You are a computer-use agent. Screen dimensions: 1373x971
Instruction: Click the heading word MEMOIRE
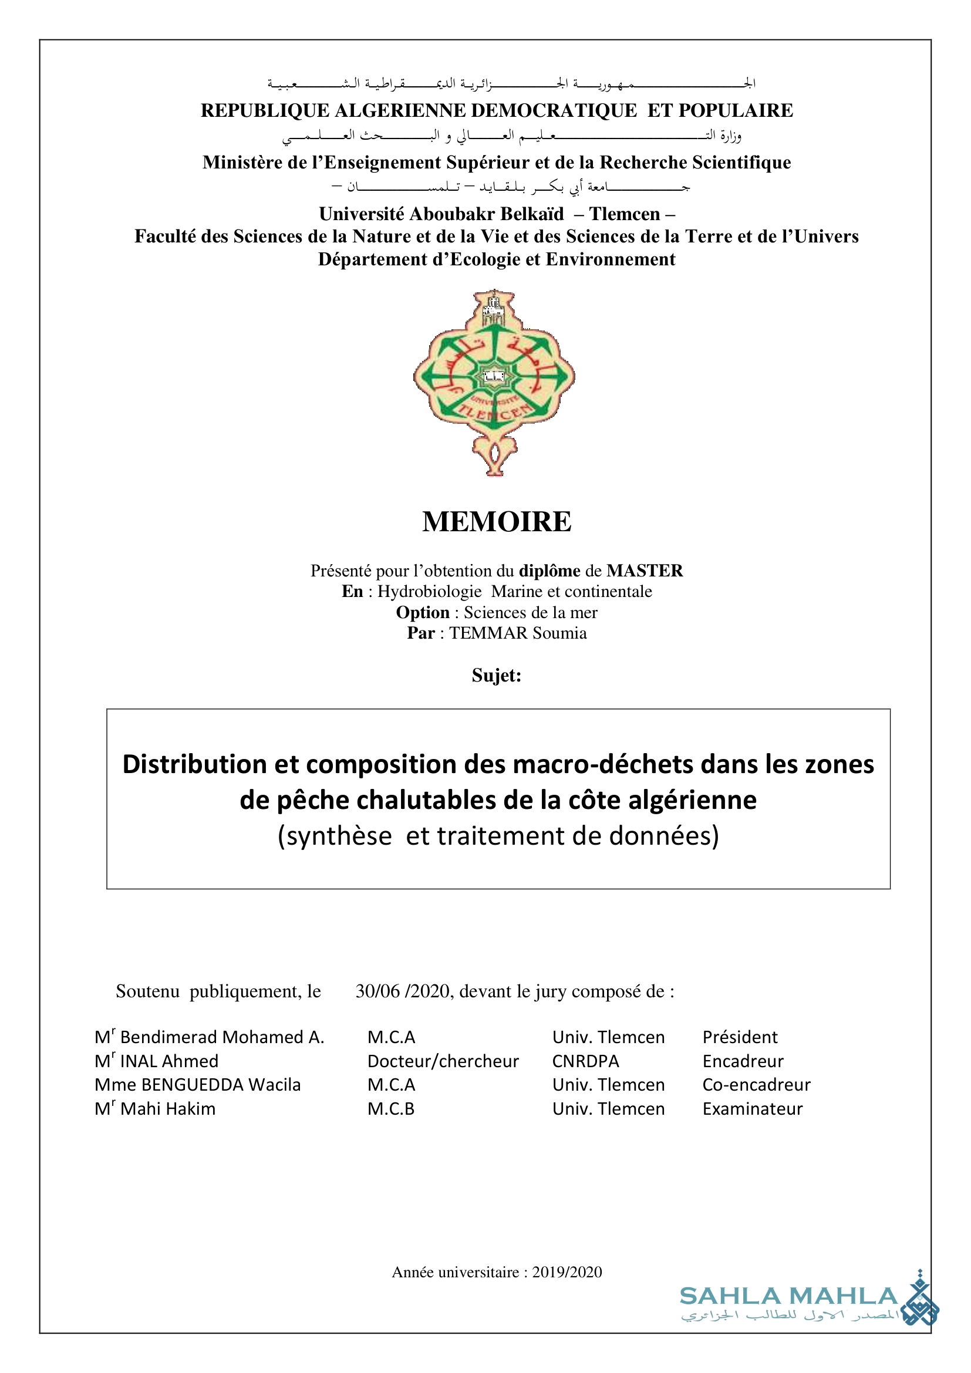[x=496, y=521]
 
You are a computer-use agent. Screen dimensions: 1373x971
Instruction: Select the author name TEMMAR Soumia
[x=518, y=633]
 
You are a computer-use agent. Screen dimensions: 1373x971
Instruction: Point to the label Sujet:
[x=496, y=675]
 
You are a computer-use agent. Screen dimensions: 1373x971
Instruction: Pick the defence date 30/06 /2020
[x=403, y=991]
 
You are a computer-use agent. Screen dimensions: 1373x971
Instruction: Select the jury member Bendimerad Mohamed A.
[x=222, y=1037]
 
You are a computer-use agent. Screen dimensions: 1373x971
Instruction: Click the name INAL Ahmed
[x=169, y=1061]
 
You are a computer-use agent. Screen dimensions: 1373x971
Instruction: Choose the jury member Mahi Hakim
[x=167, y=1109]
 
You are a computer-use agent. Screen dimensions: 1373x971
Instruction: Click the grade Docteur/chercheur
[x=443, y=1061]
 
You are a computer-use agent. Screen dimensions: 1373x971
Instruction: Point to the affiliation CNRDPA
[x=585, y=1061]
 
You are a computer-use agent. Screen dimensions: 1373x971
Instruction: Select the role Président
[x=740, y=1037]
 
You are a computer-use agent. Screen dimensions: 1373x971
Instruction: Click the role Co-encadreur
[x=756, y=1085]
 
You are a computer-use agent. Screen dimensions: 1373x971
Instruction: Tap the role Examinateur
[x=752, y=1109]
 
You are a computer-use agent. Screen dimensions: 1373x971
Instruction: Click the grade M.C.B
[x=390, y=1109]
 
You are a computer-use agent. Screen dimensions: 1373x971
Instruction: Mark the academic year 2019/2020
[x=567, y=1272]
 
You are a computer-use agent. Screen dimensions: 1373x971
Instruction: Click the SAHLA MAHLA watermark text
[x=788, y=1297]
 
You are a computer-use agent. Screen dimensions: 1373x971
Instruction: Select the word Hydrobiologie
[x=429, y=592]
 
